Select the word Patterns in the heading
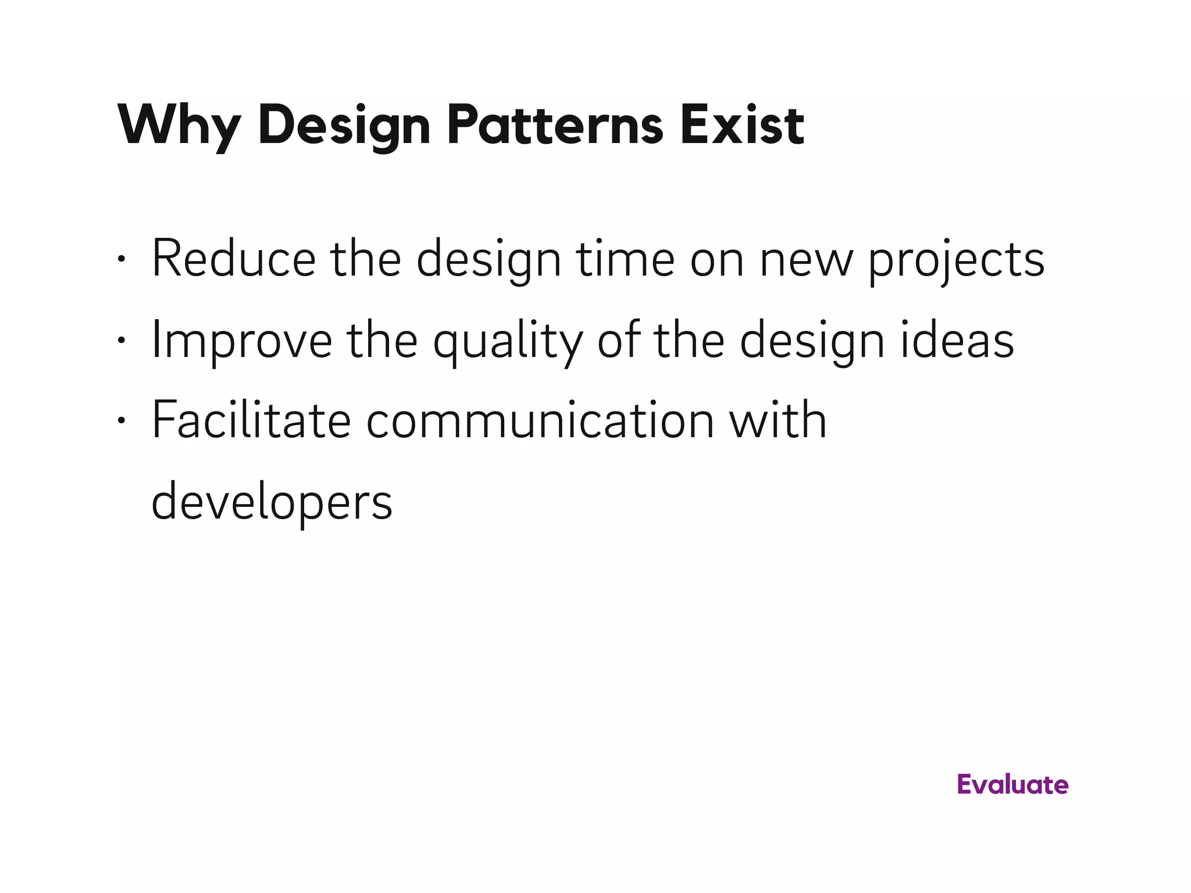(x=555, y=126)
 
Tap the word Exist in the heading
(x=742, y=126)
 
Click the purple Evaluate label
(x=1012, y=785)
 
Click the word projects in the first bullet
(x=956, y=260)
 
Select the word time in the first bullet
(x=625, y=259)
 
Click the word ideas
(x=957, y=341)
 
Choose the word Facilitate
(x=251, y=421)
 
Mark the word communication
(x=540, y=421)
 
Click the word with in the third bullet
(x=778, y=421)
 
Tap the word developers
(x=272, y=503)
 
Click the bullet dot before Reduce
(x=120, y=259)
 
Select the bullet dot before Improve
(x=120, y=341)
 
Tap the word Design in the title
(x=344, y=126)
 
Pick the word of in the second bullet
(x=618, y=341)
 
